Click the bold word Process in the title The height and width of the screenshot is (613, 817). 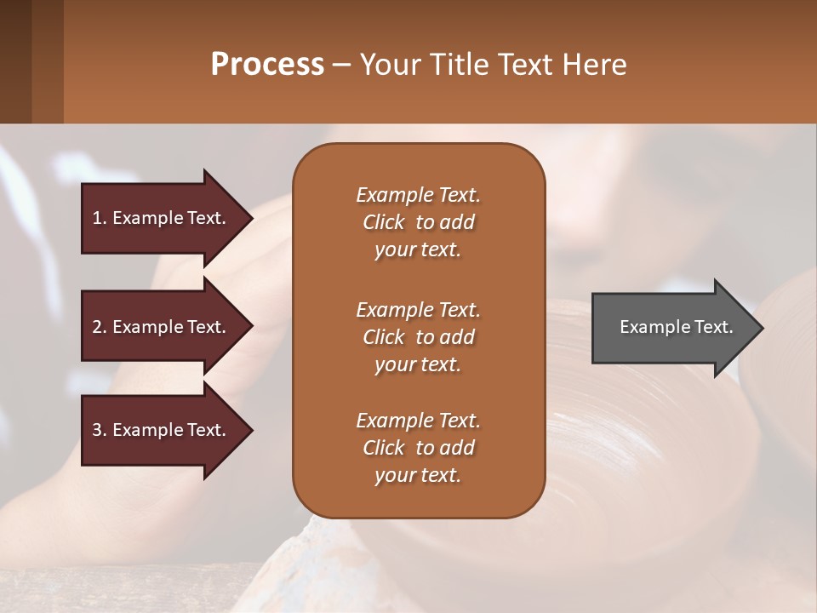pos(267,65)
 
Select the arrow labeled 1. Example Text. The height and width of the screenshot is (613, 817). pos(162,218)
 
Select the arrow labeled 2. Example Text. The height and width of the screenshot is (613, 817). pos(162,327)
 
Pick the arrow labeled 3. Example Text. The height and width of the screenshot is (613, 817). pos(162,431)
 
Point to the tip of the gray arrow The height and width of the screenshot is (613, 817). pos(761,328)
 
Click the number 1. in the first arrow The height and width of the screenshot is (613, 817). pos(100,218)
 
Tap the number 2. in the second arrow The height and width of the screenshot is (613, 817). pos(100,327)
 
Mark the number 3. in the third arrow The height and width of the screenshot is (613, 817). pos(100,431)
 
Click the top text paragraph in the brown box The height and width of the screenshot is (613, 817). pos(418,222)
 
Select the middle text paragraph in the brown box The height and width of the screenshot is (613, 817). pos(418,337)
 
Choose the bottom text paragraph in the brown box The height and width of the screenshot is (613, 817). pos(418,448)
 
